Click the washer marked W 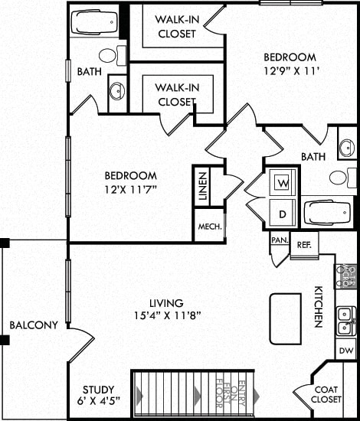pyautogui.click(x=283, y=184)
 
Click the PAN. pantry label pyautogui.click(x=278, y=240)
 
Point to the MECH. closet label pyautogui.click(x=209, y=227)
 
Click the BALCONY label pyautogui.click(x=34, y=325)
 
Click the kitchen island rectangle pyautogui.click(x=284, y=317)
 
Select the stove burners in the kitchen pyautogui.click(x=346, y=275)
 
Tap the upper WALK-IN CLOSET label pyautogui.click(x=176, y=26)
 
